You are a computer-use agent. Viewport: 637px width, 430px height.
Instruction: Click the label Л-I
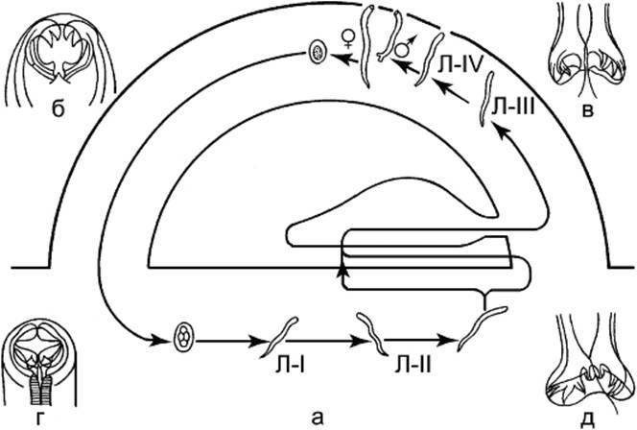click(290, 367)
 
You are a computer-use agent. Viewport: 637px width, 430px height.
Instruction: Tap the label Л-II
click(413, 367)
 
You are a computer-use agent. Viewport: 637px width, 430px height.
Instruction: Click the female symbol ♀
click(348, 39)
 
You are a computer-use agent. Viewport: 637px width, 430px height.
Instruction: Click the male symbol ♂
click(405, 46)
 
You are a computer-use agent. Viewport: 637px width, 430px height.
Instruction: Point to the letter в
click(588, 109)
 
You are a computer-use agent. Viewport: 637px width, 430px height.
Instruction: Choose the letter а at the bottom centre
click(318, 418)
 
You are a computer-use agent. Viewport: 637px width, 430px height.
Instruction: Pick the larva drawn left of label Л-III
click(485, 99)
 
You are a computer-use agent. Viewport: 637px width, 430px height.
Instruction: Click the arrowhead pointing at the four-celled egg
click(158, 339)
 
